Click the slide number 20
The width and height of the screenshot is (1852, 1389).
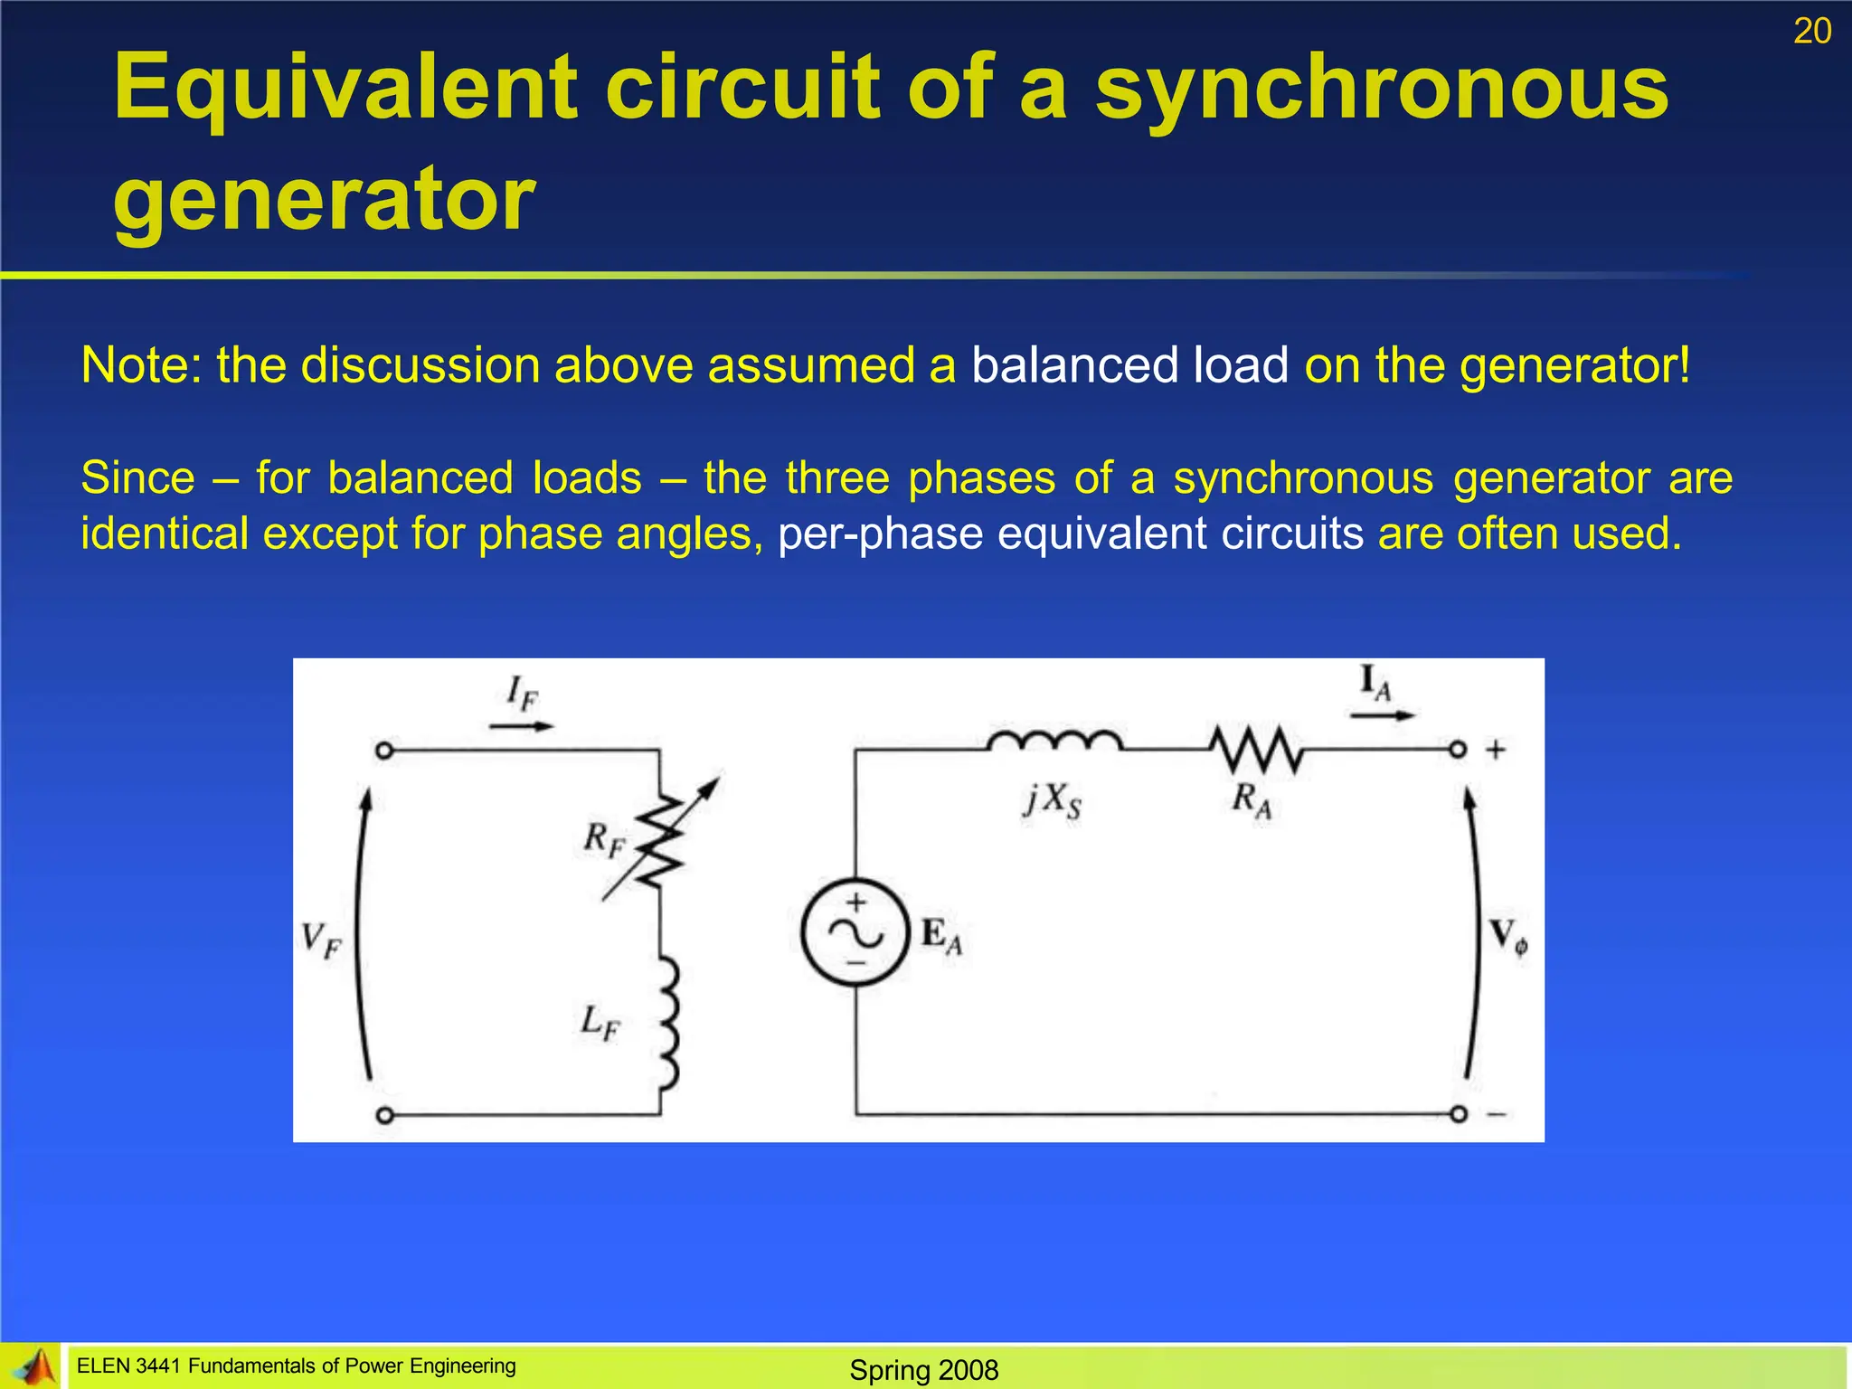pyautogui.click(x=1811, y=32)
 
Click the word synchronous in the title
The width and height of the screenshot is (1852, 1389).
pyautogui.click(x=1382, y=88)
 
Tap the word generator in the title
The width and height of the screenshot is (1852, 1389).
pyautogui.click(x=324, y=199)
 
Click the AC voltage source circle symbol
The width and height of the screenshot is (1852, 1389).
pyautogui.click(x=855, y=931)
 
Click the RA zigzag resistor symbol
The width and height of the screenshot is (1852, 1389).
pyautogui.click(x=1256, y=750)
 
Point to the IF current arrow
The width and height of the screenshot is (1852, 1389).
pyautogui.click(x=522, y=725)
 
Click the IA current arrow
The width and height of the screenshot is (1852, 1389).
pyautogui.click(x=1381, y=715)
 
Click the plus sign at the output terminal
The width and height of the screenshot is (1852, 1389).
pyautogui.click(x=1496, y=750)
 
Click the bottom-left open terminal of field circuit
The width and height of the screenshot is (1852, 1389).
pyautogui.click(x=384, y=1115)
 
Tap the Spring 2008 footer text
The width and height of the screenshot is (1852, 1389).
pyautogui.click(x=923, y=1369)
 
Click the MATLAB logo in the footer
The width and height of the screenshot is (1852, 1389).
pyautogui.click(x=34, y=1367)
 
